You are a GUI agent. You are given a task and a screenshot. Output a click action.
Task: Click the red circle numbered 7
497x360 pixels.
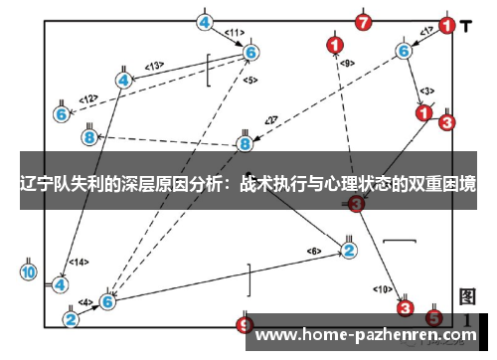click(x=364, y=21)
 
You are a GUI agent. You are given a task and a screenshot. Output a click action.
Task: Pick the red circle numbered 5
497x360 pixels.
click(x=433, y=318)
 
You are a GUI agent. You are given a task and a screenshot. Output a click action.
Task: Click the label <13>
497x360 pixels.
click(x=153, y=66)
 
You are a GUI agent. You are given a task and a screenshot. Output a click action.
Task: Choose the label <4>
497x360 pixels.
click(x=86, y=301)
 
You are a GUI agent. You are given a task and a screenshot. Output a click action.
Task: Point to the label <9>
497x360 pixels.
click(x=347, y=63)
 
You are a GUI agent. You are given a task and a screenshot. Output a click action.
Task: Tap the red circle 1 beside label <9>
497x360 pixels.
click(x=334, y=44)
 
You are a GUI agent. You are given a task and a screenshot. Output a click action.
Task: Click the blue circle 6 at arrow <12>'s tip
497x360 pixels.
click(x=62, y=114)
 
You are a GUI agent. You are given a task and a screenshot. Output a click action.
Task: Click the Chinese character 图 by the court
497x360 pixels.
click(x=468, y=296)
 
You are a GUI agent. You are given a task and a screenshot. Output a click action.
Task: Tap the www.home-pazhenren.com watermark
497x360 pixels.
click(x=367, y=335)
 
